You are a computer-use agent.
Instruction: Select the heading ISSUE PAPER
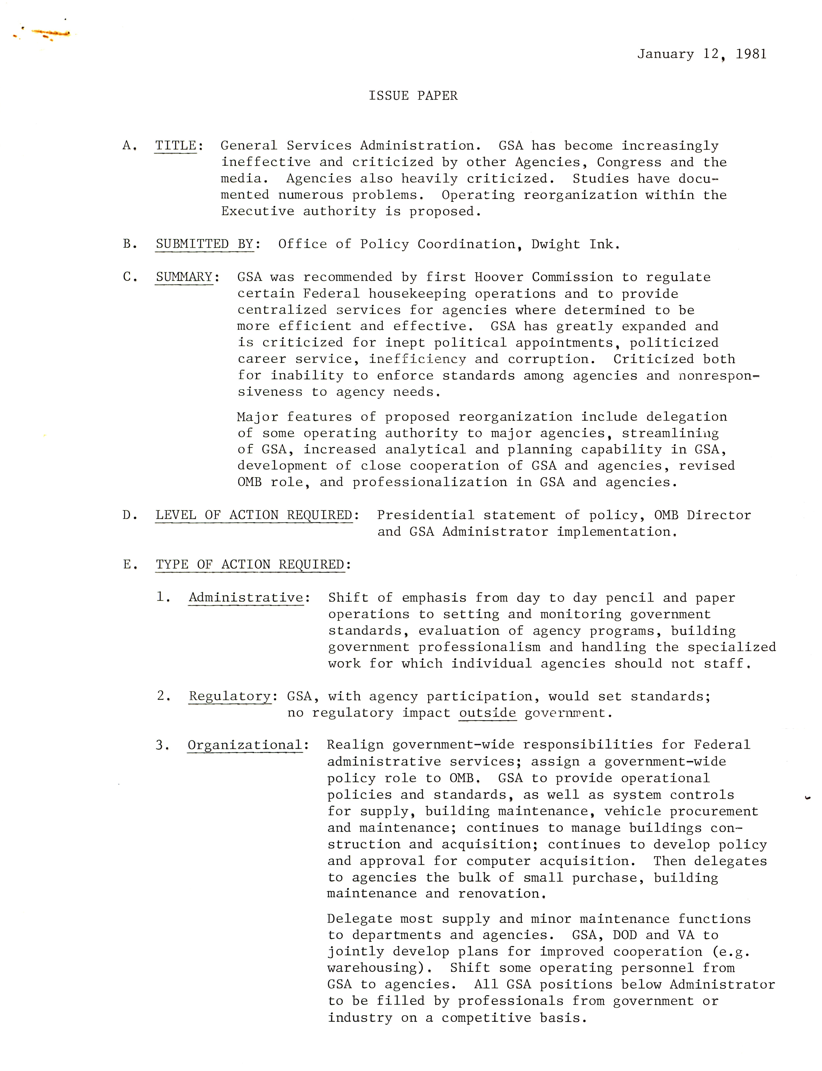point(413,96)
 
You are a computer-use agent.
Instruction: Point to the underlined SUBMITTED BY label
point(205,244)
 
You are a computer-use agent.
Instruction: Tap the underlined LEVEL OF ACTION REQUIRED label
point(254,515)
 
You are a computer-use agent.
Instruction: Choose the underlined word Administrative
point(246,598)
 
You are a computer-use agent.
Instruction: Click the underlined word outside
point(487,713)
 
